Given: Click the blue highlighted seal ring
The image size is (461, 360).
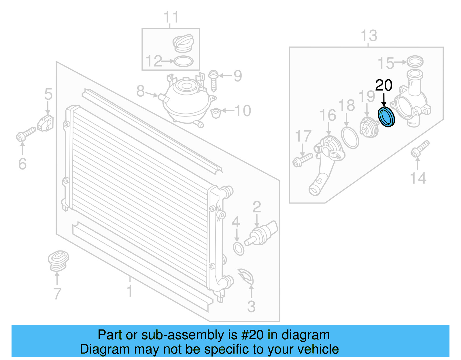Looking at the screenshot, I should tap(386, 117).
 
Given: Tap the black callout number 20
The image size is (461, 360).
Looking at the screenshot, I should tap(383, 86).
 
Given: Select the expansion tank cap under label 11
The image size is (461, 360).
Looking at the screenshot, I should tap(183, 43).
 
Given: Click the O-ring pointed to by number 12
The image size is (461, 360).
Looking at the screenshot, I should tap(183, 61).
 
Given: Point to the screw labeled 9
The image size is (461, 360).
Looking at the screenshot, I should tap(214, 80).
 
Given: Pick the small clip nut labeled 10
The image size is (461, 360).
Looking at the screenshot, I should tap(216, 112).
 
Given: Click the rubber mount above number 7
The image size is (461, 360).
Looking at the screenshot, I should tap(58, 261).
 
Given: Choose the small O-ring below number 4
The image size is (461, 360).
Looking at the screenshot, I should tap(239, 249).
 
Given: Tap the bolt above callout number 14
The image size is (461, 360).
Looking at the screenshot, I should tap(420, 149).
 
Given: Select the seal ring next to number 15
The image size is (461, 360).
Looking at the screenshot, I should tap(415, 61).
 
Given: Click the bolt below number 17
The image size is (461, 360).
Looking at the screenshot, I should tap(302, 160).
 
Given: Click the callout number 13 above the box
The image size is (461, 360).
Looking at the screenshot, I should tap(369, 36).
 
